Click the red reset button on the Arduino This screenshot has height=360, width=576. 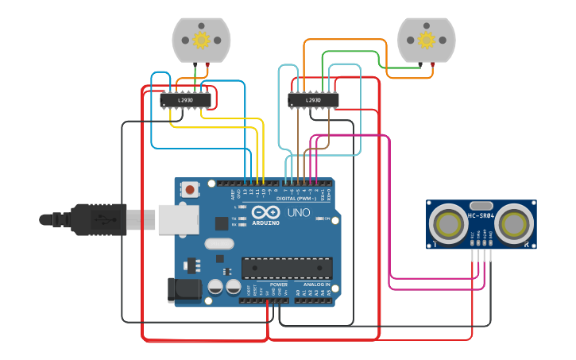click(190, 190)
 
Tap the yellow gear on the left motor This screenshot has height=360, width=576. click(201, 40)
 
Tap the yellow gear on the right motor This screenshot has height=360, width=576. click(427, 40)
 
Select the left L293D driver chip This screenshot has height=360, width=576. click(186, 100)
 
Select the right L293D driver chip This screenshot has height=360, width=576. click(313, 100)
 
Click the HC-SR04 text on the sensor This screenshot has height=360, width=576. click(481, 215)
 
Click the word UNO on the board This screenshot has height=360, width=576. click(298, 213)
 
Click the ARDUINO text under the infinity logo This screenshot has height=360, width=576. click(265, 223)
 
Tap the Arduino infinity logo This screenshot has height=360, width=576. click(265, 212)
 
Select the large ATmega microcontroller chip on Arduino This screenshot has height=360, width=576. click(287, 269)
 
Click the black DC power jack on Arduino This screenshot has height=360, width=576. click(182, 289)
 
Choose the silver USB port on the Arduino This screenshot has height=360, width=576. click(177, 219)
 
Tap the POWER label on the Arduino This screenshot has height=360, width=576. click(278, 284)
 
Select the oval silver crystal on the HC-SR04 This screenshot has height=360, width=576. click(481, 205)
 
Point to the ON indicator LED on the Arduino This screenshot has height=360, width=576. click(320, 207)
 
